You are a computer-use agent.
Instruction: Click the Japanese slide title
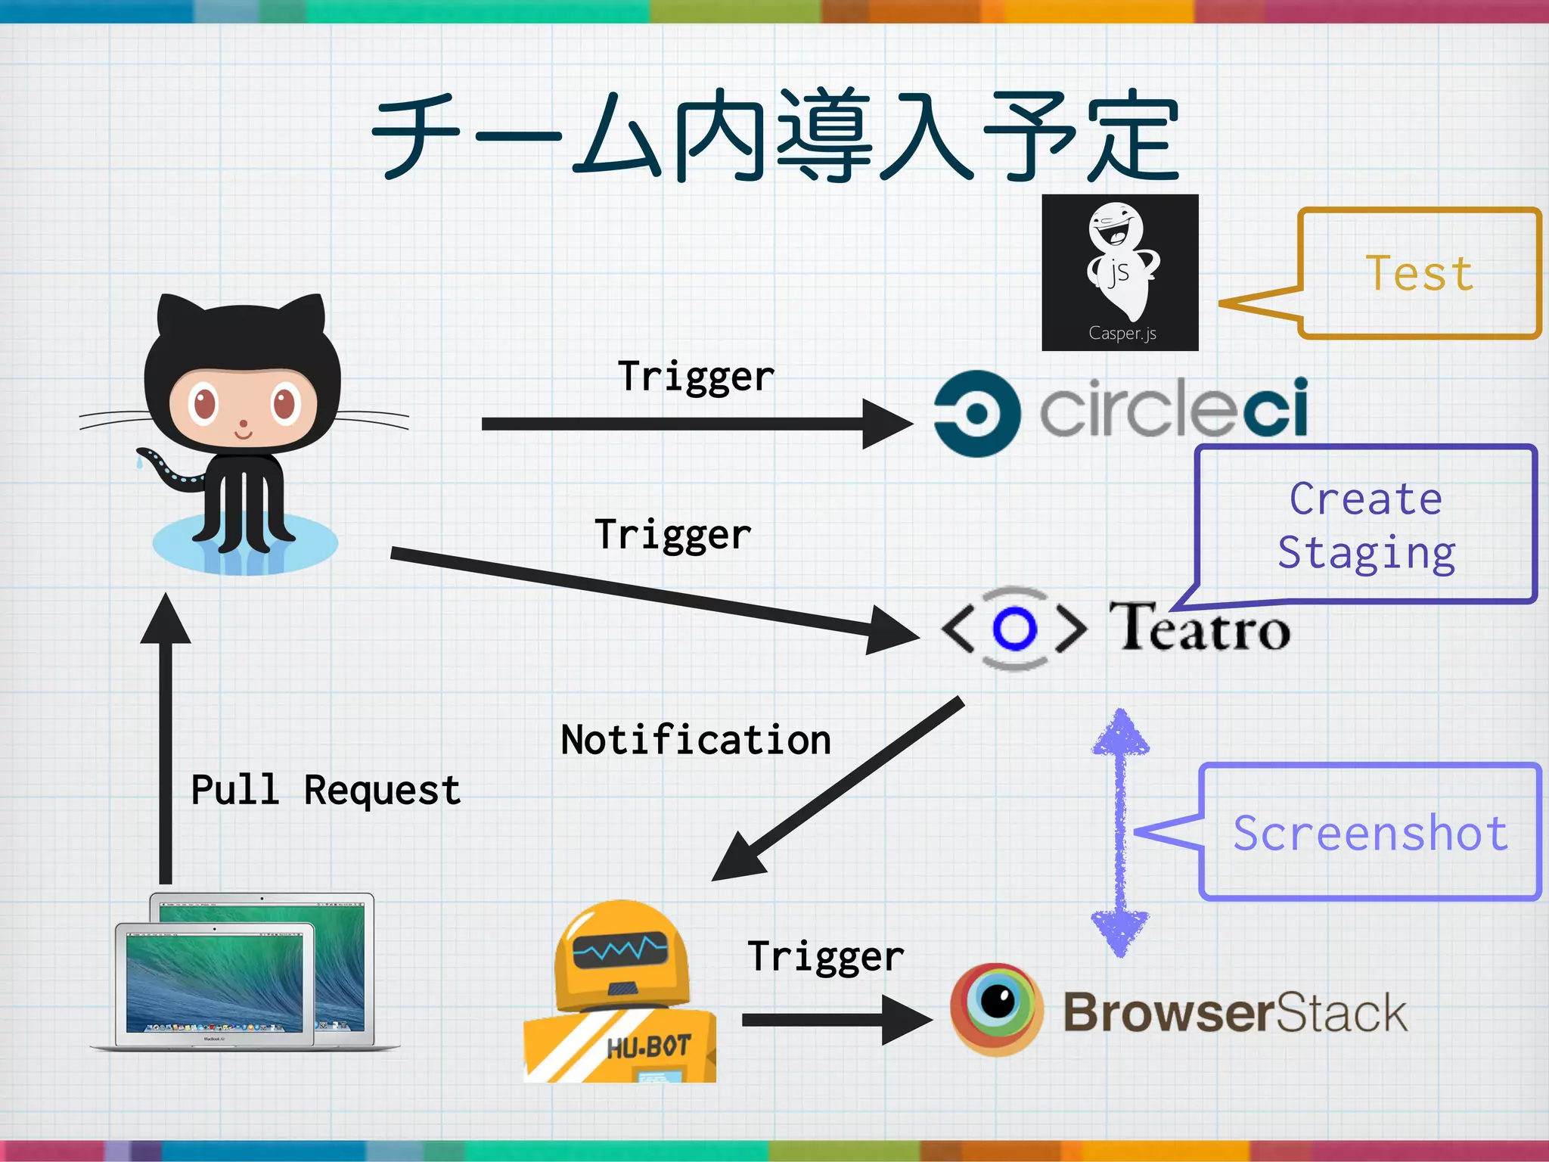pos(774,136)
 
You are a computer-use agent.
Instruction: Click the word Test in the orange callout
pos(1419,273)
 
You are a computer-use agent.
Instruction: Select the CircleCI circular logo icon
pos(976,413)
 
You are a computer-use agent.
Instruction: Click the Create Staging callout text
pos(1366,526)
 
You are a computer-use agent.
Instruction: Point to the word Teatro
pos(1200,627)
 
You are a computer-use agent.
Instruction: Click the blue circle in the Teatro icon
pos(1014,628)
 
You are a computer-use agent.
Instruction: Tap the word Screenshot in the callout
pos(1371,833)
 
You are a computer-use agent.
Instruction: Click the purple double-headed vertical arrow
pos(1120,832)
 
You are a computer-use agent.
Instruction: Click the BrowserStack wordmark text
pos(1234,1012)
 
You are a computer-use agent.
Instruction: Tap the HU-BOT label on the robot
pos(649,1047)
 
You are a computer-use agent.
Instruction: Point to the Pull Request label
pos(325,791)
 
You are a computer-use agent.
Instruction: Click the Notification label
pos(695,740)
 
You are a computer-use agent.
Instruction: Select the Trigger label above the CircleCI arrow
pos(696,376)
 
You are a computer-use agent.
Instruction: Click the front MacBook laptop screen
pos(214,980)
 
